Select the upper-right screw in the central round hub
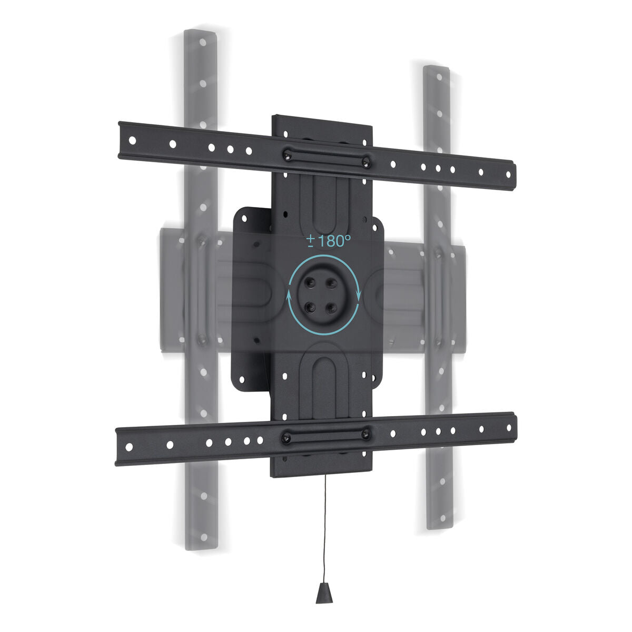[332, 283]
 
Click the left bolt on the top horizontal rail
[287, 155]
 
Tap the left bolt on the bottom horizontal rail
[286, 437]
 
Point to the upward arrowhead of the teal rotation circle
[289, 295]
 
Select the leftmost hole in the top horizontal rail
[132, 141]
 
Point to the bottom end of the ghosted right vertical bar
[437, 524]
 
